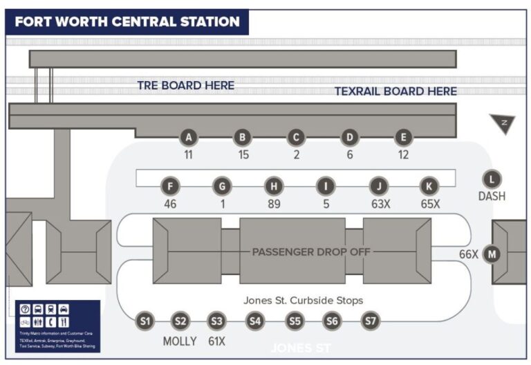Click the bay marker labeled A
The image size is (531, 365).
188,137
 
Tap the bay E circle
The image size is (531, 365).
403,137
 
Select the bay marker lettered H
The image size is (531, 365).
274,186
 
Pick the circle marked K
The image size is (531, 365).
430,186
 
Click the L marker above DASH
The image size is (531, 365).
492,179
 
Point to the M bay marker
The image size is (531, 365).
492,253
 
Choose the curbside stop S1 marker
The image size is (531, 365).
145,321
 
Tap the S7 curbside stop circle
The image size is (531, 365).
371,321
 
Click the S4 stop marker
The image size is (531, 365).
256,321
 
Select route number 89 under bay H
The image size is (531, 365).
274,204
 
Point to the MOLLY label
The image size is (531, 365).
180,341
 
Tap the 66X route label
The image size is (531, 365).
469,254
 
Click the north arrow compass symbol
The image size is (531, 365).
502,124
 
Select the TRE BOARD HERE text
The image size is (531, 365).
185,86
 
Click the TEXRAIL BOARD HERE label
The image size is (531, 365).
395,91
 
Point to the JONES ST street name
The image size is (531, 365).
301,347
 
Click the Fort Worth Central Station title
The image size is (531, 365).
127,21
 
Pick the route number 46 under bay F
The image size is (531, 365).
171,204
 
